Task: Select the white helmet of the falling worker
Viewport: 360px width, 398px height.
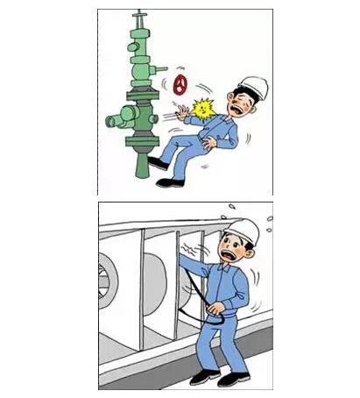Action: click(x=253, y=87)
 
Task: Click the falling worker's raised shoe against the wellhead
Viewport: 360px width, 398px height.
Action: click(x=158, y=164)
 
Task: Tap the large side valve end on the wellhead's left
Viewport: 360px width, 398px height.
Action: click(x=112, y=117)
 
